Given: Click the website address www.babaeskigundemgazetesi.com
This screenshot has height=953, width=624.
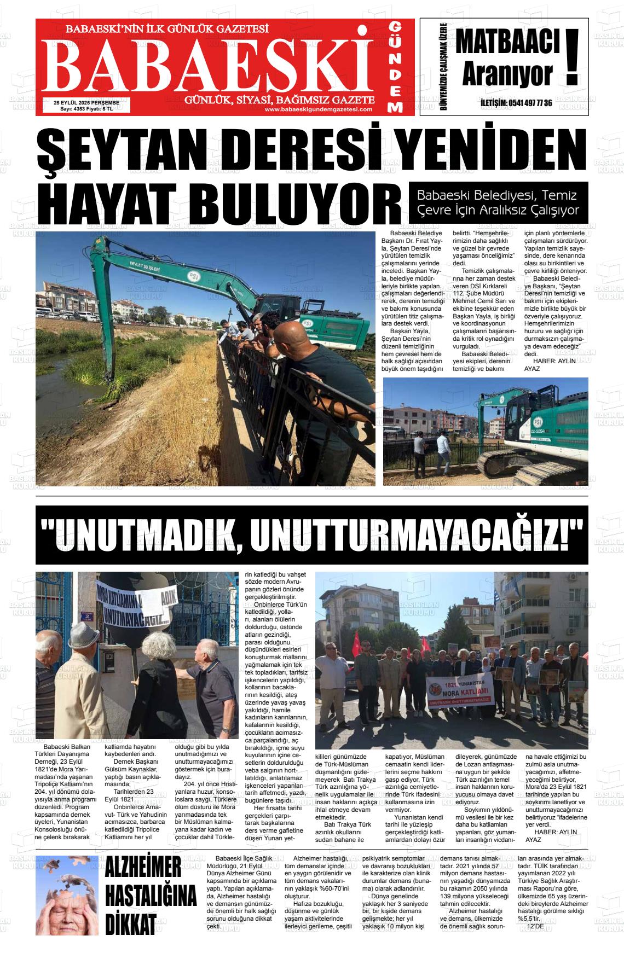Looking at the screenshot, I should (318, 109).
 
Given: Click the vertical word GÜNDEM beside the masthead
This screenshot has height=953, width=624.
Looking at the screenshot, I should (396, 67).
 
